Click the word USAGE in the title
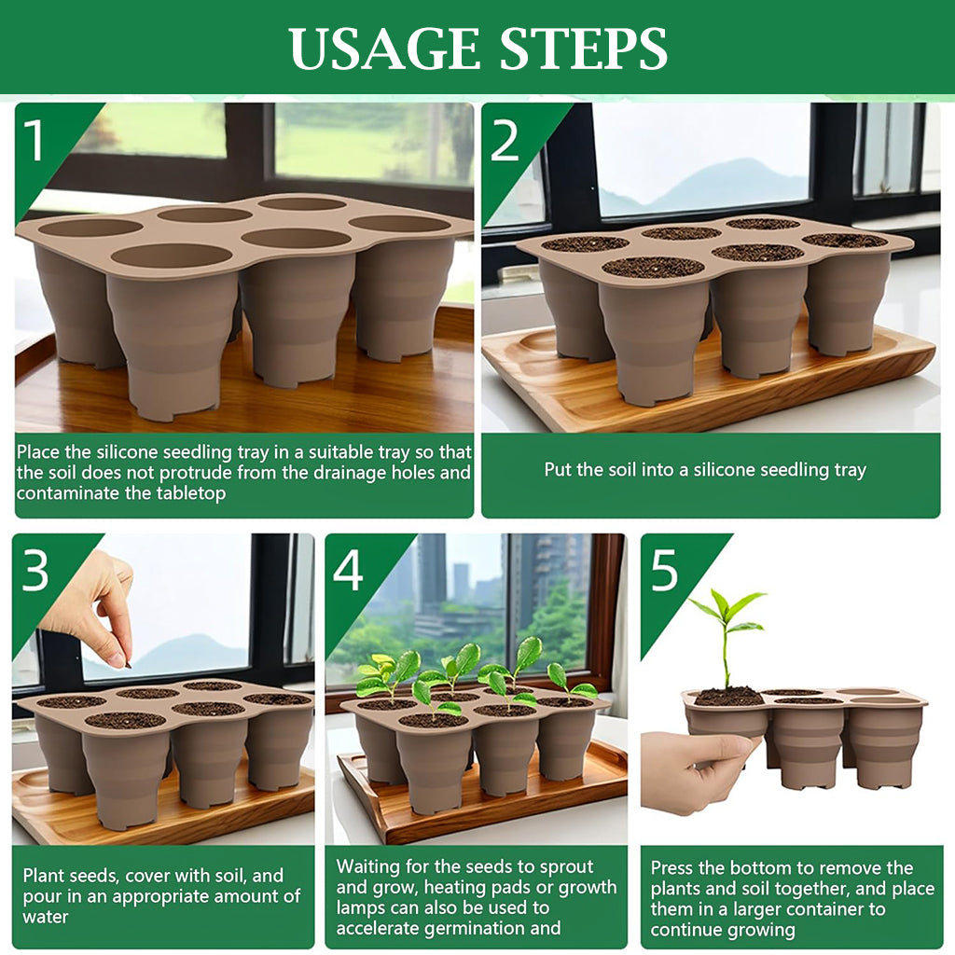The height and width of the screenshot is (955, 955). click(x=384, y=48)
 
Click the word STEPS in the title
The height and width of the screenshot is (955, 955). click(x=584, y=48)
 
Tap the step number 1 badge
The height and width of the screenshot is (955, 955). click(x=34, y=140)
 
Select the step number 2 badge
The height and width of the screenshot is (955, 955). click(x=505, y=140)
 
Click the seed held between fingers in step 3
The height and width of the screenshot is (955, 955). click(x=128, y=665)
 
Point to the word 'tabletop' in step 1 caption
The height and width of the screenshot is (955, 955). click(x=190, y=492)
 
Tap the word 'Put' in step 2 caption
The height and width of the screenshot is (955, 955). click(x=557, y=470)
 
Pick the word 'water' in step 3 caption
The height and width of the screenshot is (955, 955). click(x=46, y=917)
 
